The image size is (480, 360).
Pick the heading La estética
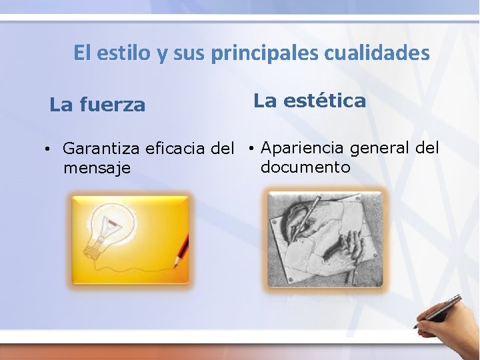coord(309,101)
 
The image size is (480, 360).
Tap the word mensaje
coord(97,167)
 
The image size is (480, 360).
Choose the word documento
coord(305,166)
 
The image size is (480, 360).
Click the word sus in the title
coord(189,53)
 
